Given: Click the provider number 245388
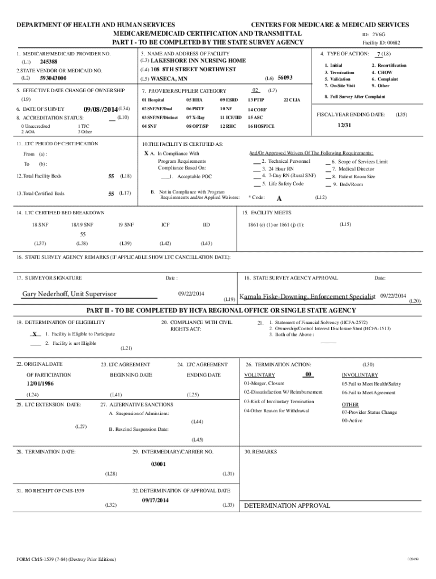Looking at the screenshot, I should pyautogui.click(x=49, y=61).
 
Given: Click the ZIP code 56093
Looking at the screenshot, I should pyautogui.click(x=285, y=77).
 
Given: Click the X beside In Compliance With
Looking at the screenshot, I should pyautogui.click(x=146, y=153).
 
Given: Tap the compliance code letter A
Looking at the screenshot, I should pyautogui.click(x=279, y=198).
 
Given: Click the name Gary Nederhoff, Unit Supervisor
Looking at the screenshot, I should pyautogui.click(x=69, y=294).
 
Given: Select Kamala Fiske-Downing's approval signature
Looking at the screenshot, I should pyautogui.click(x=307, y=297).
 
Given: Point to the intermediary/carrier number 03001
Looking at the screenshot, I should pyautogui.click(x=158, y=464).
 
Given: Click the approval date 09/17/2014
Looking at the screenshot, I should pyautogui.click(x=155, y=500).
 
